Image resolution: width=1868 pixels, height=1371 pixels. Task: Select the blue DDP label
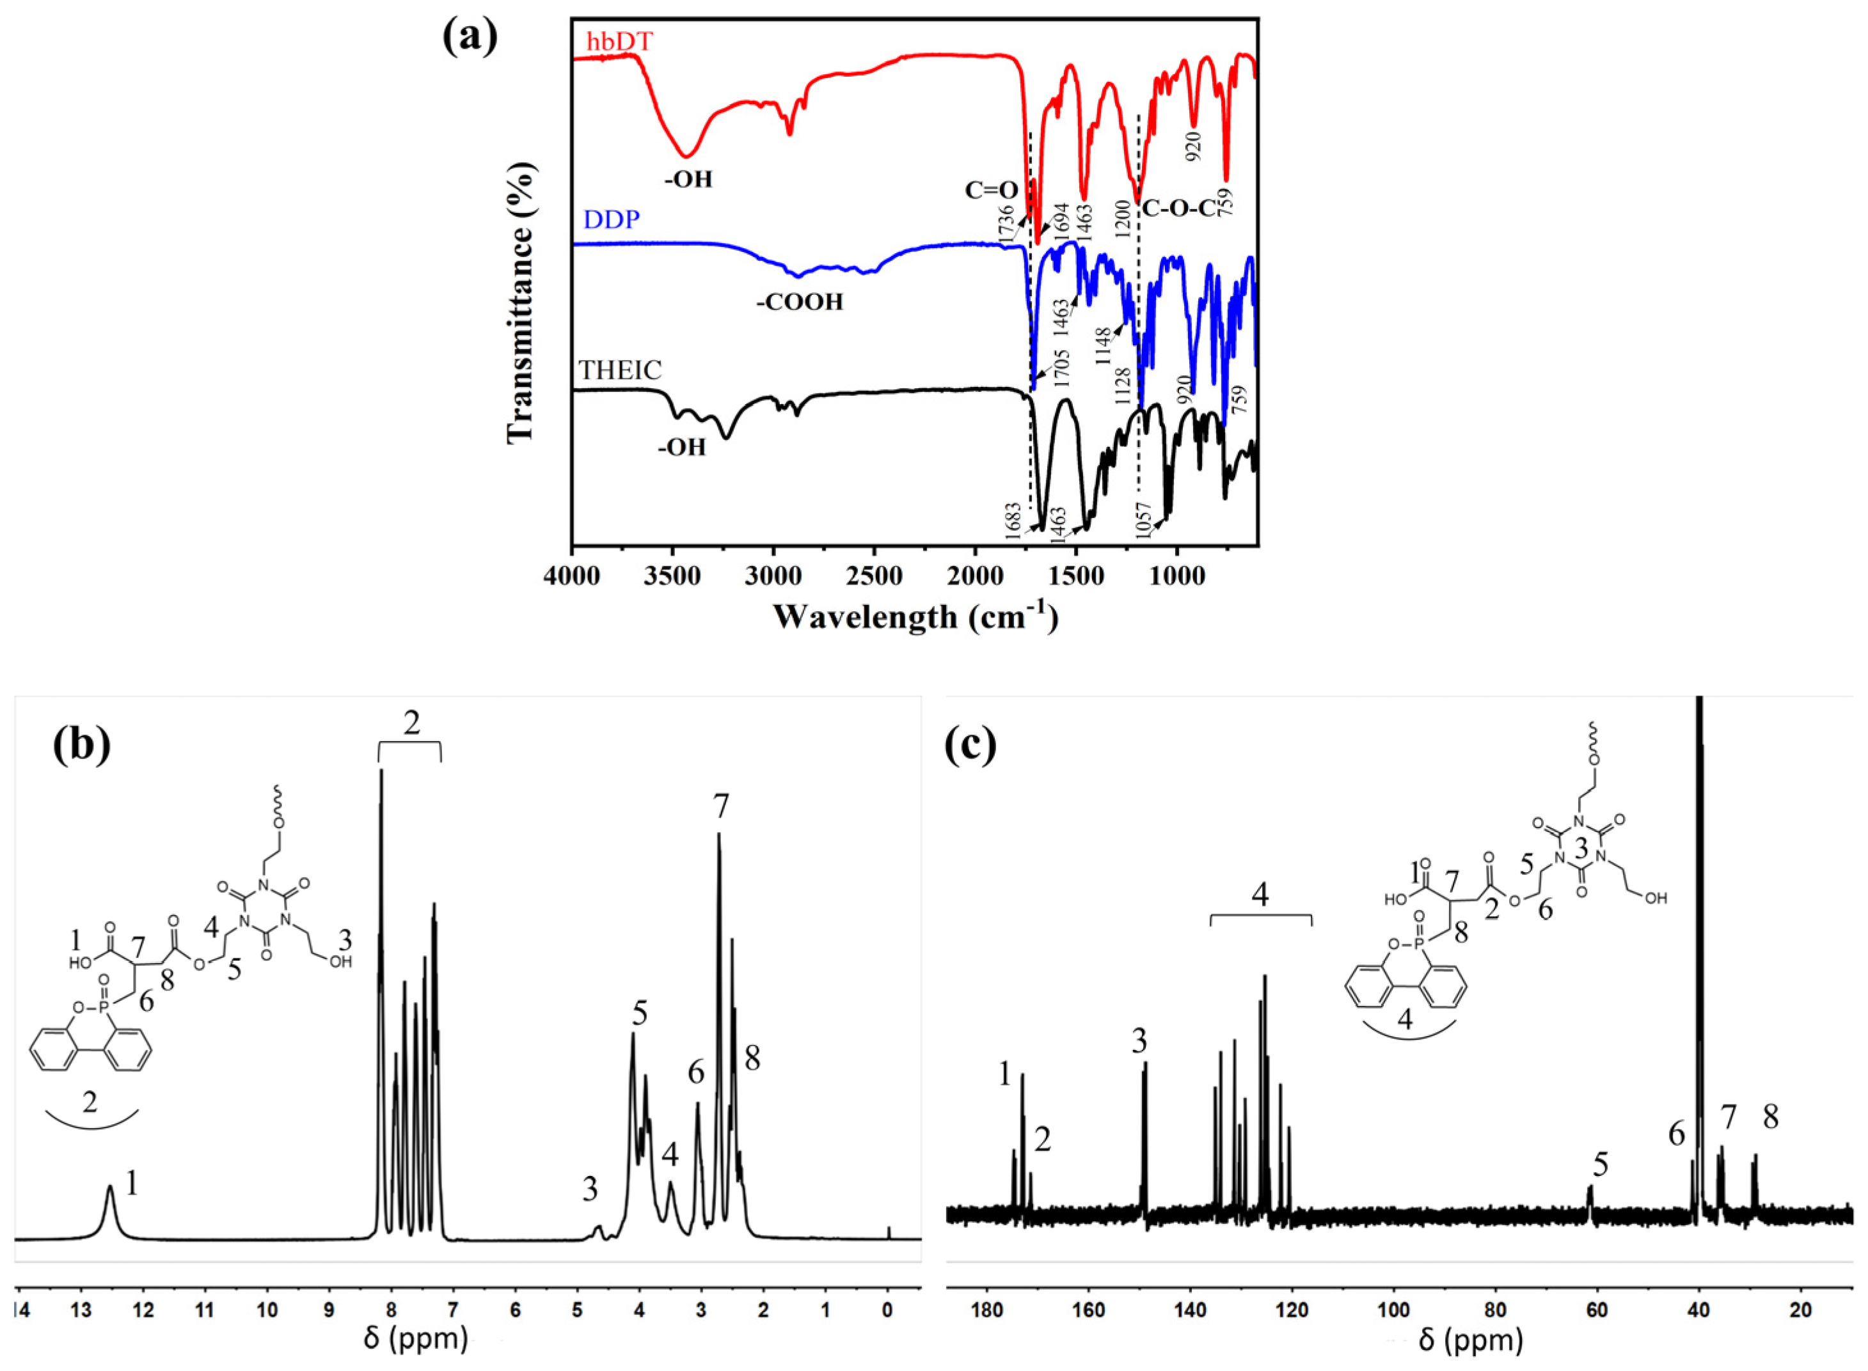click(x=611, y=220)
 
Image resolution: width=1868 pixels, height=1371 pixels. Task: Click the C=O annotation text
click(x=990, y=191)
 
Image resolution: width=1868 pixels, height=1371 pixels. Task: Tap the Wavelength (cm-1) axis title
click(x=915, y=616)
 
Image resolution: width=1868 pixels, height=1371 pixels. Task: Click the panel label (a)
click(x=470, y=37)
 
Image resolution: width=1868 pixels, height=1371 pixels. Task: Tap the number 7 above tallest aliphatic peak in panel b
click(x=719, y=806)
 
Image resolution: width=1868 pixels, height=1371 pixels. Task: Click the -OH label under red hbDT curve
click(x=688, y=178)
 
